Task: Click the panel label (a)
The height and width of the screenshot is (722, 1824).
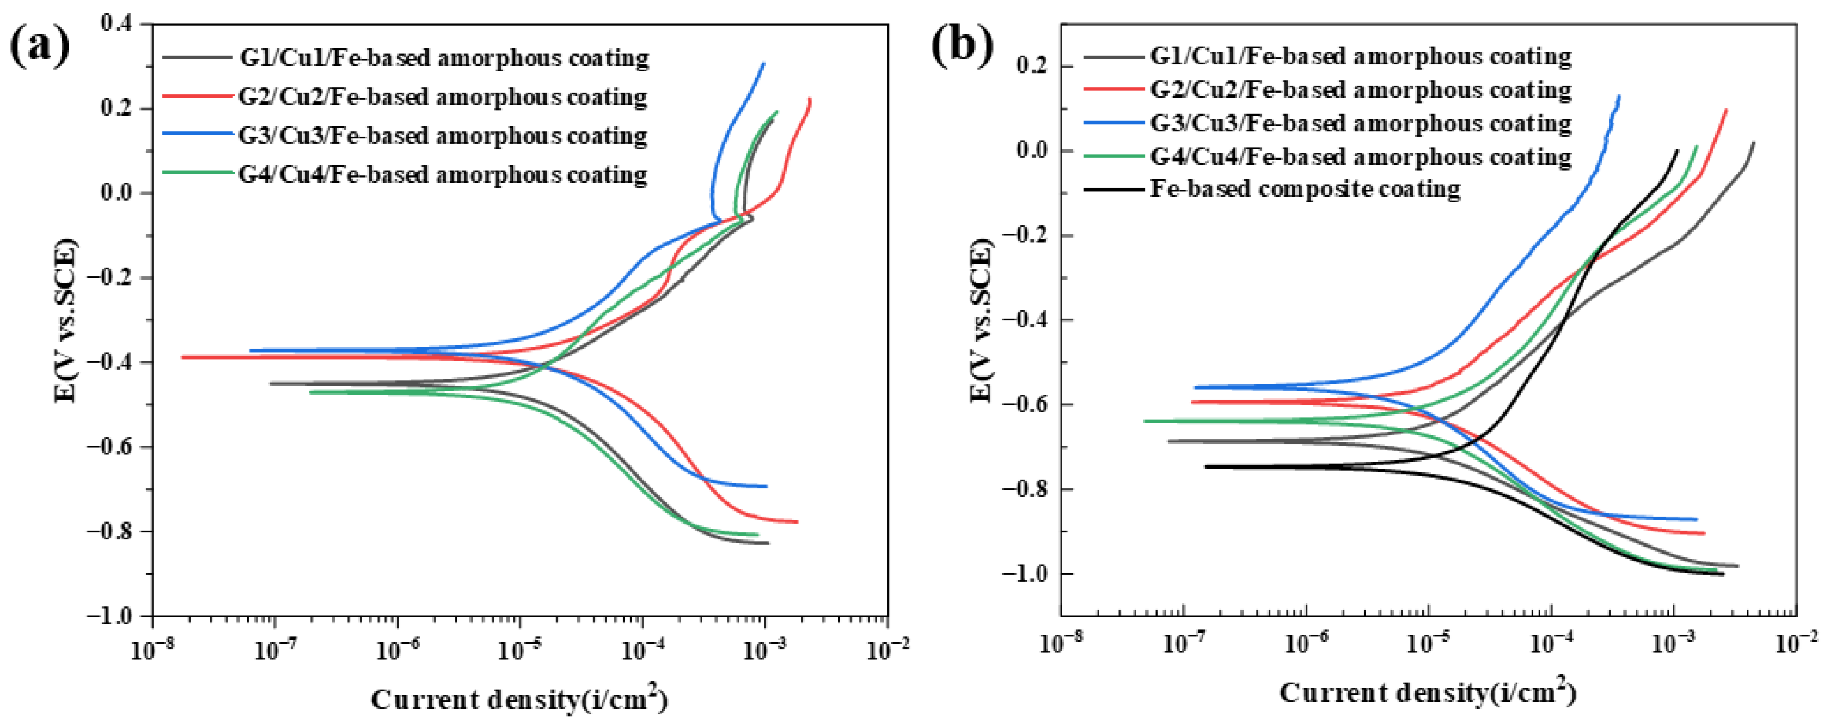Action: pos(40,45)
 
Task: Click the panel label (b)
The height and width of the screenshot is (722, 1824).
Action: pos(962,45)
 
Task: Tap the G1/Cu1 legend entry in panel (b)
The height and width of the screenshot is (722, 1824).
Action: pos(1360,56)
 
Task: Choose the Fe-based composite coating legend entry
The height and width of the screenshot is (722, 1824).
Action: pos(1304,189)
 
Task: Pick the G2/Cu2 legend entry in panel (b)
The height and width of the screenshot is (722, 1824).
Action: pos(1360,90)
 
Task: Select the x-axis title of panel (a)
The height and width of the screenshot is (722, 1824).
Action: pos(519,699)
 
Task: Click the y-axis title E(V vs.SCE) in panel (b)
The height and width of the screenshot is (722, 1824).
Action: pos(981,320)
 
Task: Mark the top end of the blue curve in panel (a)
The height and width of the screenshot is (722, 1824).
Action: pos(763,64)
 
